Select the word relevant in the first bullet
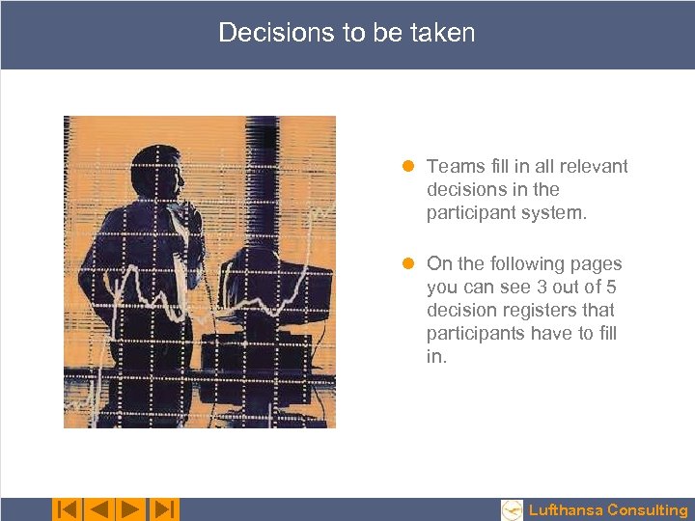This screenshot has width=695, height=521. (594, 167)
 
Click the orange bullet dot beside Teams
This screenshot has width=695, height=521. (409, 167)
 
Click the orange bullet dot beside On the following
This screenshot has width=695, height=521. (409, 264)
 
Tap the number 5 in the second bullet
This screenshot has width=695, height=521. (610, 288)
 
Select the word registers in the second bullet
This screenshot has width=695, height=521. (539, 311)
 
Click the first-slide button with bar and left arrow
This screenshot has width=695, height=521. (67, 508)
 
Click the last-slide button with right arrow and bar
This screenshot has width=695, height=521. (165, 508)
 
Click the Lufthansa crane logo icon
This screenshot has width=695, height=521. (513, 509)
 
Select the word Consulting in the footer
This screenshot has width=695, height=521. (648, 510)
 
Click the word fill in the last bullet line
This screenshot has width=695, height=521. (606, 334)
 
